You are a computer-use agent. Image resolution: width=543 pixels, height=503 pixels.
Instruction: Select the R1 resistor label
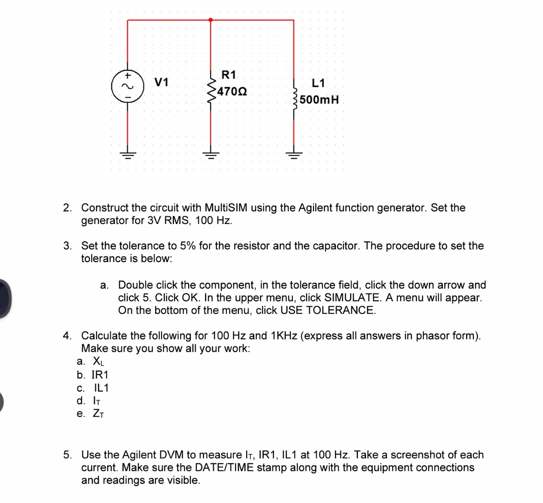point(229,75)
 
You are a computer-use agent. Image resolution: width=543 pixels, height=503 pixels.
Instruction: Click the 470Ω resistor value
point(232,91)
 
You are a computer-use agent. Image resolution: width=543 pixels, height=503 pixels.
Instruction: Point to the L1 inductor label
point(319,84)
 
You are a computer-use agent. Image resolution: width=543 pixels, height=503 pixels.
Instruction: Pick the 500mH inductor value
point(319,100)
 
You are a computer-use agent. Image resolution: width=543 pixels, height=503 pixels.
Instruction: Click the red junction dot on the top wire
point(210,20)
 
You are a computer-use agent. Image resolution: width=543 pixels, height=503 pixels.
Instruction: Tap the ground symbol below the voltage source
point(128,153)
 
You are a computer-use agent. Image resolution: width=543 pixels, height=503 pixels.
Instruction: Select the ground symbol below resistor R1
point(210,153)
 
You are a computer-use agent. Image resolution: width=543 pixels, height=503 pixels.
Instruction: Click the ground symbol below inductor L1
point(293,153)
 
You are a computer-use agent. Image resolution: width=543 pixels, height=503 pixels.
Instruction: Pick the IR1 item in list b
point(100,375)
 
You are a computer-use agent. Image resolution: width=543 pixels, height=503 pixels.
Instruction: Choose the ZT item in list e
point(98,414)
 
